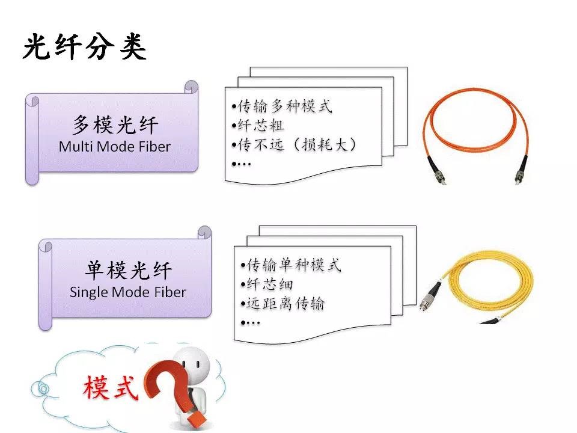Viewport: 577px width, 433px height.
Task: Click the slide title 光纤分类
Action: coord(84,46)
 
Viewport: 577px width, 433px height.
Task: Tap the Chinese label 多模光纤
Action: coord(115,125)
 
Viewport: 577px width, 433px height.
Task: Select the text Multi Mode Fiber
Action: coord(115,146)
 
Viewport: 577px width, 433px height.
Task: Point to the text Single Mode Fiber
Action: coord(128,293)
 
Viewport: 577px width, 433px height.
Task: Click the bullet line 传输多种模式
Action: coord(281,107)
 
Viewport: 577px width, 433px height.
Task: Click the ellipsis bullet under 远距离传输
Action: coord(250,322)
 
